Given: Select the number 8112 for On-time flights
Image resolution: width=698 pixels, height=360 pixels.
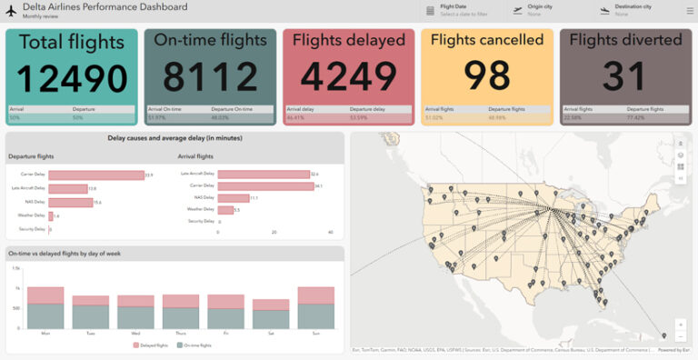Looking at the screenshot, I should (211, 78).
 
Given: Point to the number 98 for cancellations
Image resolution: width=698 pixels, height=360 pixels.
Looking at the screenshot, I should (487, 78).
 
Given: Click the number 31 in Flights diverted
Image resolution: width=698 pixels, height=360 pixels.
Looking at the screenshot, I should (625, 78).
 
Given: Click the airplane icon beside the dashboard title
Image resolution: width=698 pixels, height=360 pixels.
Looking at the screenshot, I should (12, 11).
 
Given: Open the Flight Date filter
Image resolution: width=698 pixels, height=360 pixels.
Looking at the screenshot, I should (459, 10).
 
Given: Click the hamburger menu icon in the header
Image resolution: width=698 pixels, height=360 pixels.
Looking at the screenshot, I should (688, 10).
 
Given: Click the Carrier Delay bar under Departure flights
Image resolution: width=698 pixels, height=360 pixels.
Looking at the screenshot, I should (95, 175).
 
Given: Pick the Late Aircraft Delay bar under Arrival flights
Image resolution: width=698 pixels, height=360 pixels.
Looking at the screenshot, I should (263, 174).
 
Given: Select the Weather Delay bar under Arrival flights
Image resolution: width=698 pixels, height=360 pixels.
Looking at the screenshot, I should (225, 209).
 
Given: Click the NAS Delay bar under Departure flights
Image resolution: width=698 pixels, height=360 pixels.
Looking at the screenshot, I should (70, 202).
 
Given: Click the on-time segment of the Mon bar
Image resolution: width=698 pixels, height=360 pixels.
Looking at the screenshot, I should (45, 316).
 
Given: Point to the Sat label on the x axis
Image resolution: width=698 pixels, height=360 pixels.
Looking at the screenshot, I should (270, 334).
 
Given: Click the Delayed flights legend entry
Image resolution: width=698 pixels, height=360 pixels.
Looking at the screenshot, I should (150, 345).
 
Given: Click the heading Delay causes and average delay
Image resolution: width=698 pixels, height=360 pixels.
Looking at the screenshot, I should (174, 139).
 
